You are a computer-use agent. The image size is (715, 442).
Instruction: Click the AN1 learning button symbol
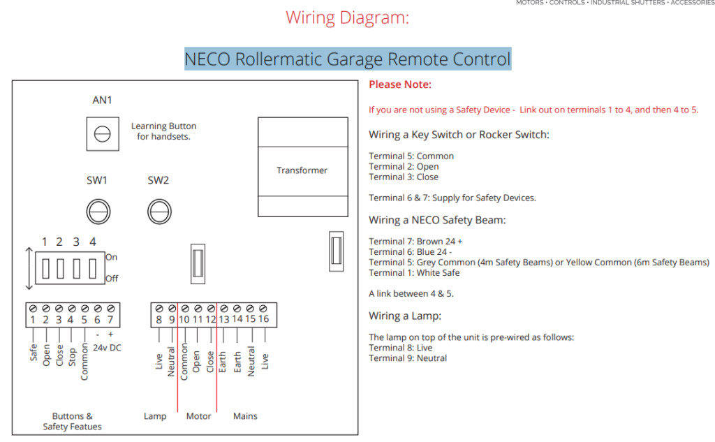(102, 133)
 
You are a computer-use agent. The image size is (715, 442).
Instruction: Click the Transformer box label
(302, 170)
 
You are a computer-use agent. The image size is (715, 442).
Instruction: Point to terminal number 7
(110, 320)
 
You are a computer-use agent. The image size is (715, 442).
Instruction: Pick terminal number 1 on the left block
(33, 320)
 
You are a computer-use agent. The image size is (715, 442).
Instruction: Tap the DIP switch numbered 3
(76, 268)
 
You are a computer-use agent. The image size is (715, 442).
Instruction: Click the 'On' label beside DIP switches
(111, 257)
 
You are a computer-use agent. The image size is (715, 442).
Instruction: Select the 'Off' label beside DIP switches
(111, 279)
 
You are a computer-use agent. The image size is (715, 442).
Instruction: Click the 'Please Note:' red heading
(400, 84)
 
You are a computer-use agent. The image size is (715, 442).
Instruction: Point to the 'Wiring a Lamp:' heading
(405, 316)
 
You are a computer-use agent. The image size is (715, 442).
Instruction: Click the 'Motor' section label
(198, 416)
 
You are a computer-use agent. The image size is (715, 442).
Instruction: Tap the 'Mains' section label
(245, 416)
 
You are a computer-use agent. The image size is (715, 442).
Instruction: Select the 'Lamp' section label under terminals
(155, 416)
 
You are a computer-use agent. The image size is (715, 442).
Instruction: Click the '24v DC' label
(106, 347)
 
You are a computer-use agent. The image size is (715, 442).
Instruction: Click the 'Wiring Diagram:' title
(347, 17)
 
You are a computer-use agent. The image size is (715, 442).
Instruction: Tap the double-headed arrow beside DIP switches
(27, 268)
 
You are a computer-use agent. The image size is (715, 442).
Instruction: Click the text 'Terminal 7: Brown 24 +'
(415, 242)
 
